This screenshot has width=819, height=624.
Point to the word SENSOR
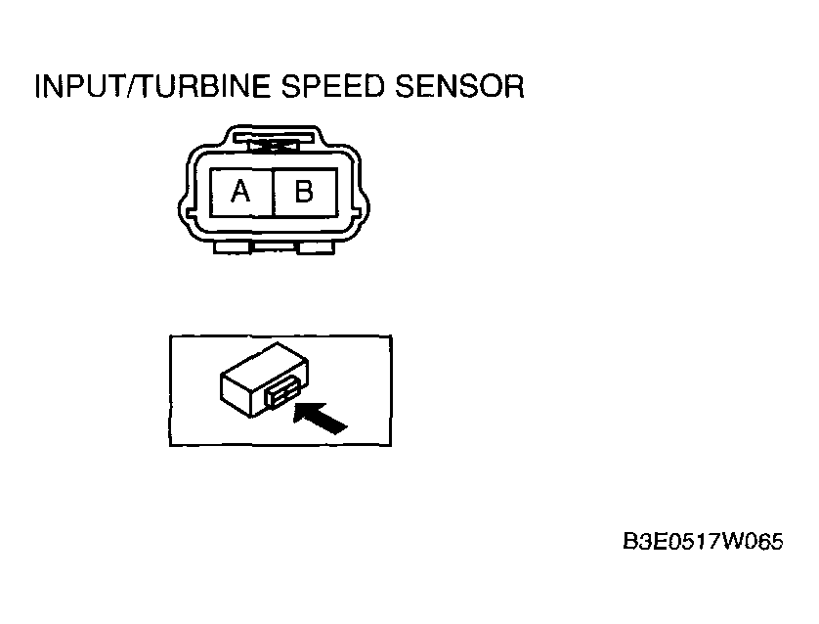[459, 86]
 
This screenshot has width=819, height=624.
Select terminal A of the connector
[240, 193]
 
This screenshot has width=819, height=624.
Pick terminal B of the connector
[305, 193]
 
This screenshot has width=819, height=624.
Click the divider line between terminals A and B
[274, 193]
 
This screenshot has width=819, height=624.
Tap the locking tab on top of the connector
[274, 142]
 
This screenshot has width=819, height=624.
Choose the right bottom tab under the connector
[316, 247]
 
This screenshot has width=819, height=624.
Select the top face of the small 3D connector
[265, 363]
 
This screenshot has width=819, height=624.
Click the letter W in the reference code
[732, 542]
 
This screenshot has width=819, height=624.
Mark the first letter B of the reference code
[630, 542]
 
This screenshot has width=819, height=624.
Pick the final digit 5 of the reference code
[777, 542]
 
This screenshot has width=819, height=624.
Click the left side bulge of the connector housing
[183, 206]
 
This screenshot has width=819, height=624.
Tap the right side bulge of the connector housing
[365, 206]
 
